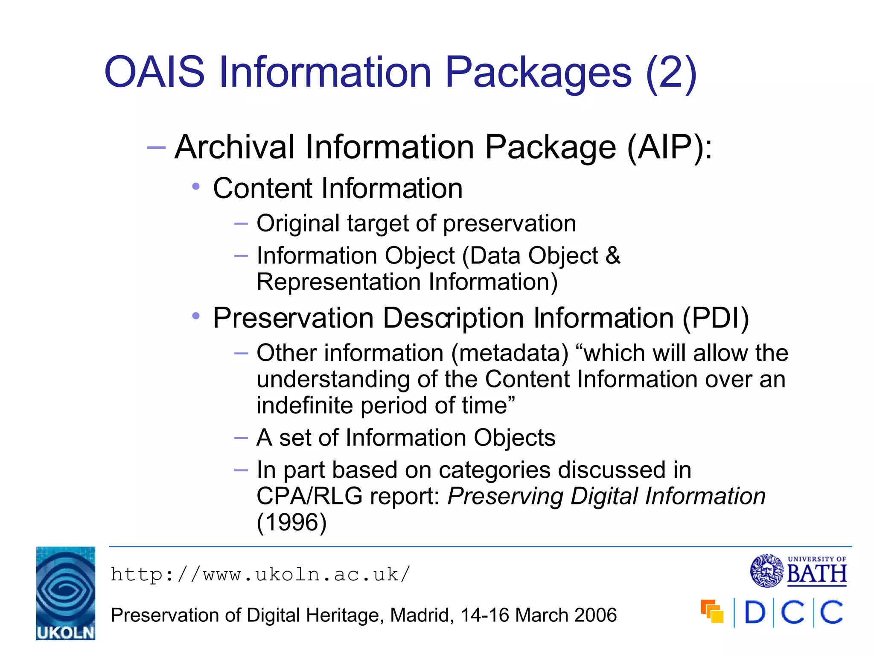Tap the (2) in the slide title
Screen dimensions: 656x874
click(x=671, y=72)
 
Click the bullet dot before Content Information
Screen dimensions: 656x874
click(x=196, y=187)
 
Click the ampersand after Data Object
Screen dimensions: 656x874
click(x=612, y=255)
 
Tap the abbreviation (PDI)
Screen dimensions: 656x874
click(x=715, y=318)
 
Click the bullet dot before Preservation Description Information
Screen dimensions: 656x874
click(x=196, y=316)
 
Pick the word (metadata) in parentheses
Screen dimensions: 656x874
click(x=510, y=353)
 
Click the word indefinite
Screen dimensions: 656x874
click(x=304, y=405)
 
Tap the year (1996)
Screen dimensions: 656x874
click(x=291, y=522)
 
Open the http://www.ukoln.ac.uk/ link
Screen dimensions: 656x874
click(x=260, y=574)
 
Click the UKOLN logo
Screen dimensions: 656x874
click(x=66, y=593)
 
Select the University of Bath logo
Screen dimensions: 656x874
click(x=798, y=571)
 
